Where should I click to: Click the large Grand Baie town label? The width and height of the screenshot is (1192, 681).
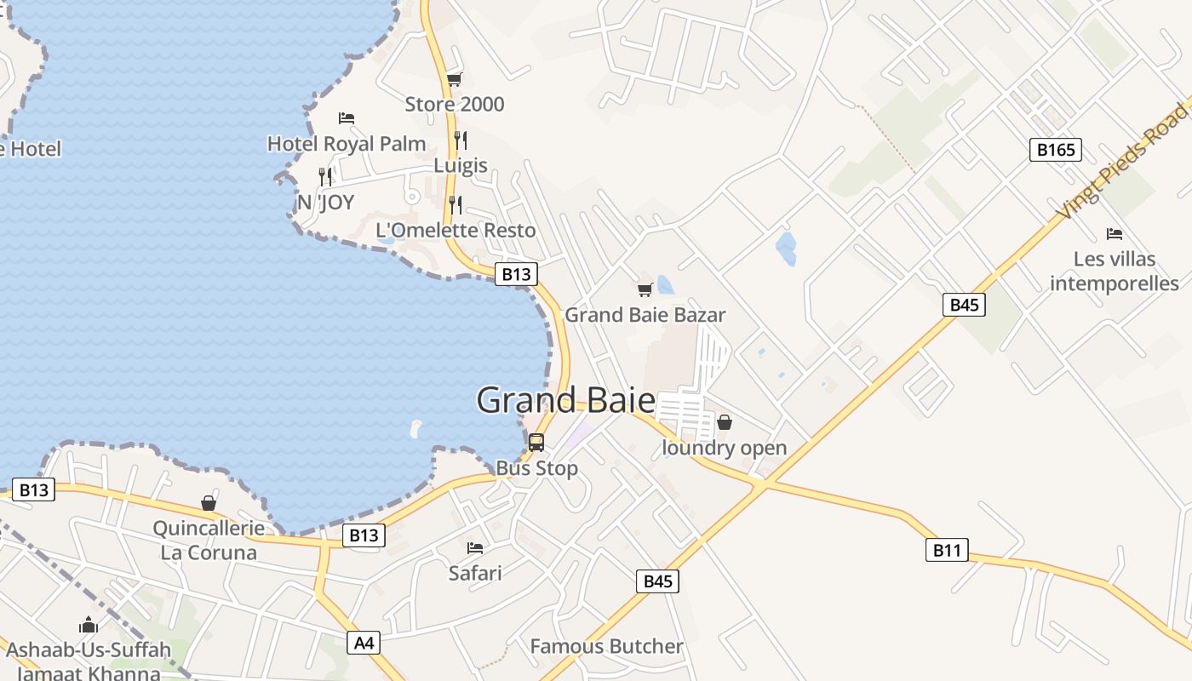[566, 400]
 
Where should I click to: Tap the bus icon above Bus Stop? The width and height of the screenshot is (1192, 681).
[536, 443]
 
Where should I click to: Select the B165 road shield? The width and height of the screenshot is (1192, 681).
[1055, 151]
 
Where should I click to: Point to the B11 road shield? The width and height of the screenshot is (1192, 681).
[947, 550]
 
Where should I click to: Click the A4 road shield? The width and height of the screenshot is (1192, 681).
[364, 643]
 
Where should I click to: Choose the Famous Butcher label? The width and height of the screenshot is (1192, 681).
[606, 646]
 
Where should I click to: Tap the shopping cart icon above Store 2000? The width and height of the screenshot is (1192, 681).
[455, 80]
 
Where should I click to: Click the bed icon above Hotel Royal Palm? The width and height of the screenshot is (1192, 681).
[346, 117]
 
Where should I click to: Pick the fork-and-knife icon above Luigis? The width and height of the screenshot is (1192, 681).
[461, 140]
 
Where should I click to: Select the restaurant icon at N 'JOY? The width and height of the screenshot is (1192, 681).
[325, 177]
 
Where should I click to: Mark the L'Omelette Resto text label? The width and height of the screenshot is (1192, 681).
[456, 230]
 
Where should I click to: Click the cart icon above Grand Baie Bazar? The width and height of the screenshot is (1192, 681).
[645, 289]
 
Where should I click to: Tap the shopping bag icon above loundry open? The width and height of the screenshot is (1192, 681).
[724, 422]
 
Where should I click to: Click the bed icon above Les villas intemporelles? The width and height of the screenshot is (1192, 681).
[1114, 233]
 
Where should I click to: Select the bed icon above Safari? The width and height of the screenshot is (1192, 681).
[475, 547]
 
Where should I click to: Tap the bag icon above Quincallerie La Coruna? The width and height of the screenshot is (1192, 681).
[209, 503]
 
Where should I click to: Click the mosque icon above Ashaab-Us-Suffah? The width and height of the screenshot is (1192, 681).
[89, 626]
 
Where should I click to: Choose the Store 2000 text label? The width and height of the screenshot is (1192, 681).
[455, 105]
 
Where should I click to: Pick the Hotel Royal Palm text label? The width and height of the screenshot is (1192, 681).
[347, 144]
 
